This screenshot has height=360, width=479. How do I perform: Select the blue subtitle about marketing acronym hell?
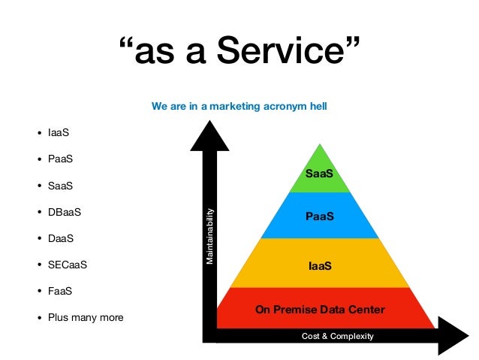(239, 107)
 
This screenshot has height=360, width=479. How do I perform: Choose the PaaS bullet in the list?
(60, 159)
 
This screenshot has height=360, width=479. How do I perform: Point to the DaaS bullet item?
(60, 238)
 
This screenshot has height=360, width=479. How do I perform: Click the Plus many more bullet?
(85, 317)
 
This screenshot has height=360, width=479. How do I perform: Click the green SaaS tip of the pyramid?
(319, 174)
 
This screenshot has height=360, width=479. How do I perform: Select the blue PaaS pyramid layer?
(319, 216)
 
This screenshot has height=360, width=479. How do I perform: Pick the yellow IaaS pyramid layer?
(320, 265)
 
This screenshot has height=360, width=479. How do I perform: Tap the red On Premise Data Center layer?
(320, 309)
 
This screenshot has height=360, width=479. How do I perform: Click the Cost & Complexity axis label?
(337, 336)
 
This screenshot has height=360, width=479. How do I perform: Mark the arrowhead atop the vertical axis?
(210, 138)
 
